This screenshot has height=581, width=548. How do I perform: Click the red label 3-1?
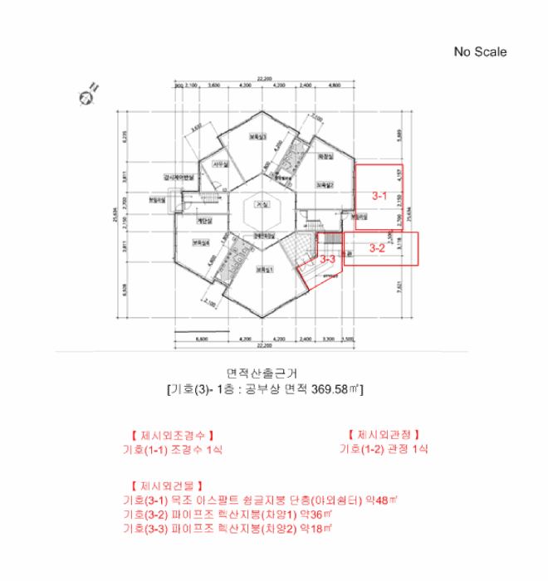tap(379, 197)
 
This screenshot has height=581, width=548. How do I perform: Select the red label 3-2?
tap(377, 247)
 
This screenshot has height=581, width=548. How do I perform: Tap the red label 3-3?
tap(327, 260)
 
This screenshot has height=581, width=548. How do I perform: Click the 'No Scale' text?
tap(480, 51)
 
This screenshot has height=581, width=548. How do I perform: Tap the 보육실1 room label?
tap(264, 269)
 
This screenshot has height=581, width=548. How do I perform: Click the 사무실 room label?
tap(218, 164)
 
